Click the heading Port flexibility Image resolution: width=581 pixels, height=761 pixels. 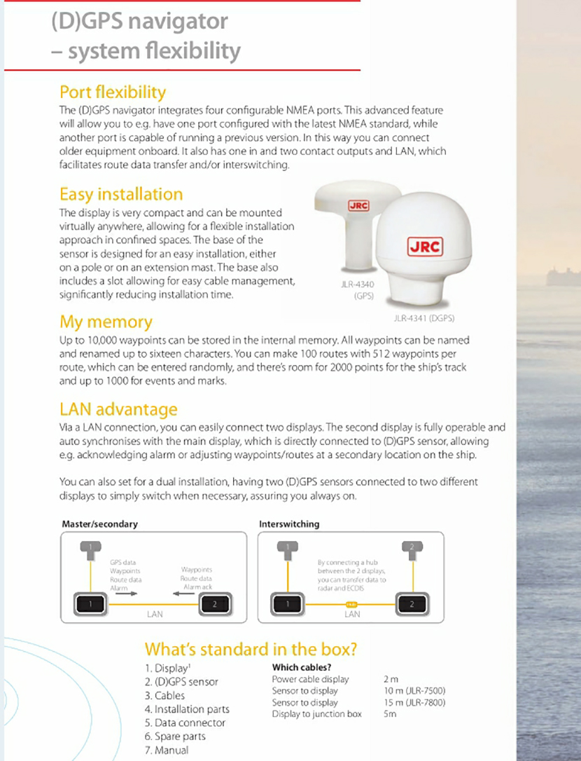[113, 92]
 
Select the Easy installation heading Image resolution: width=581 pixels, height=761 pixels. [121, 194]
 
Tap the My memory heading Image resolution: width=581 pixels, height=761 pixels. [106, 322]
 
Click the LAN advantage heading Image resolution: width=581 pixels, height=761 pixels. [118, 409]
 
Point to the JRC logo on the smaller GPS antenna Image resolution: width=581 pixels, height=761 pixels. [358, 206]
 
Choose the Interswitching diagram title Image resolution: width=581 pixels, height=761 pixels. [289, 523]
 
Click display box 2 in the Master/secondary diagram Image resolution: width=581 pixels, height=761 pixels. [214, 602]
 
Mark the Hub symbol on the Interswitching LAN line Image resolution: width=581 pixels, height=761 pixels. [351, 603]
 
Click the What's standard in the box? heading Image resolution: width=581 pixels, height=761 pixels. [251, 649]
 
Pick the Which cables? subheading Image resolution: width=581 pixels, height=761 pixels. [302, 667]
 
